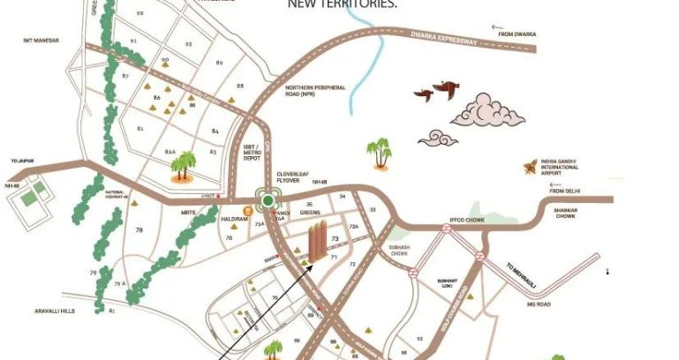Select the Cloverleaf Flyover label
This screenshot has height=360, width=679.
(x=296, y=179)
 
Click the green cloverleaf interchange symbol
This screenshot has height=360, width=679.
(x=268, y=200)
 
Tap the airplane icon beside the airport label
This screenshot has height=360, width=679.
(x=528, y=164)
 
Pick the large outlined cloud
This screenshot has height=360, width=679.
(x=488, y=110)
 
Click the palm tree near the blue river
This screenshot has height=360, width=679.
(x=381, y=154)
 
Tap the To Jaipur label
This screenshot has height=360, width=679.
(x=20, y=161)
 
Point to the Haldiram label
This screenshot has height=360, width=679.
(x=233, y=221)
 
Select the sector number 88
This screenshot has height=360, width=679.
(x=240, y=86)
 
